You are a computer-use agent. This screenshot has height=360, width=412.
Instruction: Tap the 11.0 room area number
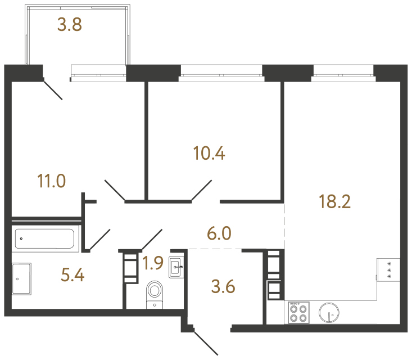(x=51, y=181)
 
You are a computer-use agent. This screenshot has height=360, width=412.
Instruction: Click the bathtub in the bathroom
(x=44, y=240)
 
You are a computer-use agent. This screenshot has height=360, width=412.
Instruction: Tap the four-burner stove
(x=299, y=313)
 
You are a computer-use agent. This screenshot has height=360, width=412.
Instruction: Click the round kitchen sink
(x=330, y=313)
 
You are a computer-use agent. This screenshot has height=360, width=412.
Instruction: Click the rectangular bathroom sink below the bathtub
(x=22, y=278)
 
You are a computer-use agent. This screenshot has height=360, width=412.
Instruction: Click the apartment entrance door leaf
(x=205, y=343)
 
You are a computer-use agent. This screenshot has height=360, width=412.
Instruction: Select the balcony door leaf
(x=54, y=90)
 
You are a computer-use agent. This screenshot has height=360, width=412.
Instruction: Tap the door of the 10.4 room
(x=202, y=190)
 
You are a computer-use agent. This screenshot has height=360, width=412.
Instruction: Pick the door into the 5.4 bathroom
(x=99, y=239)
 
